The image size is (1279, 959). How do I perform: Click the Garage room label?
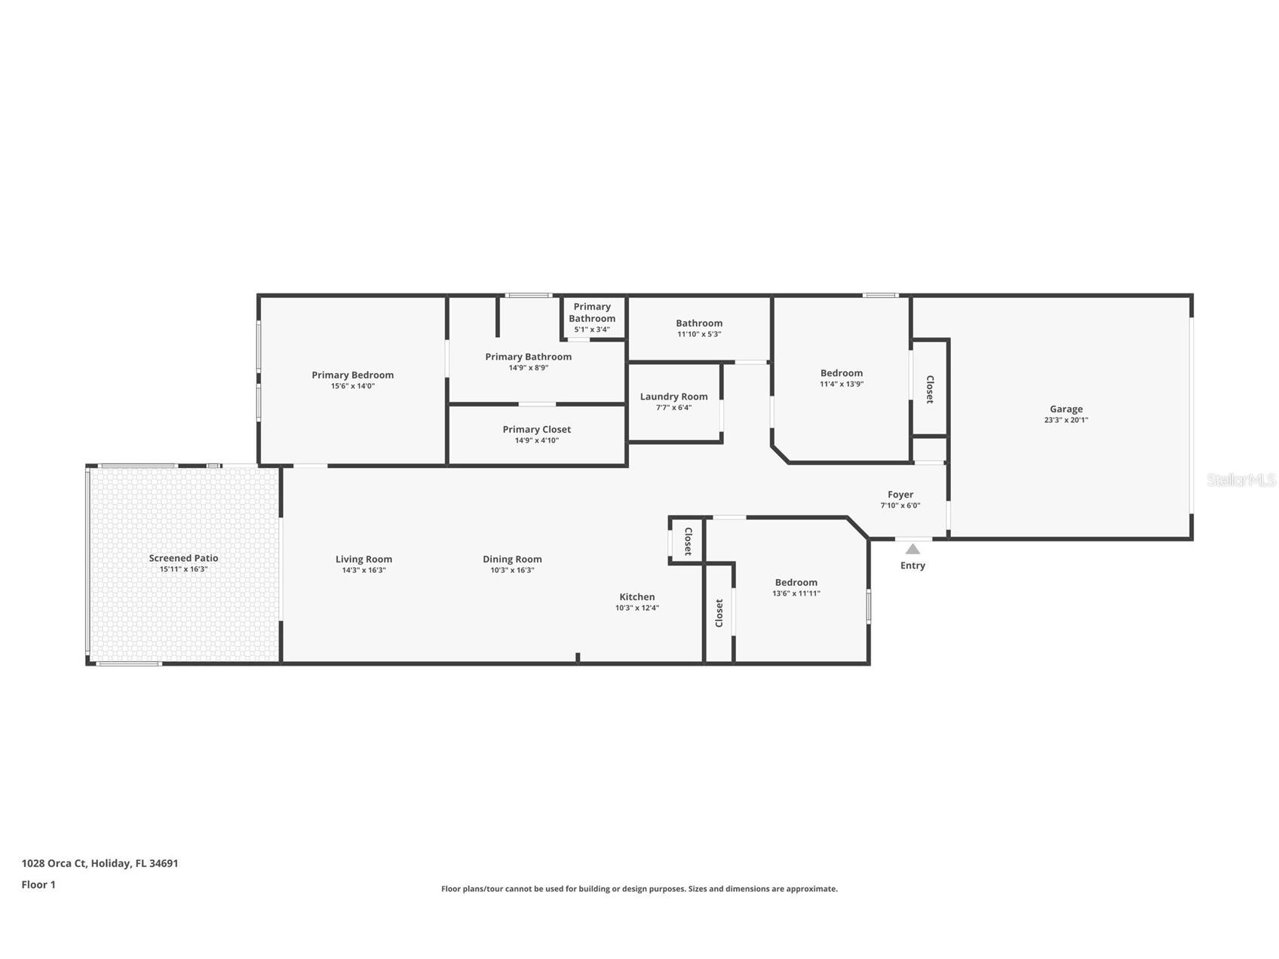click(1066, 409)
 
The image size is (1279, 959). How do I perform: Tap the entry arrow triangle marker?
click(912, 549)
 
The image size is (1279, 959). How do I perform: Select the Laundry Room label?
click(673, 397)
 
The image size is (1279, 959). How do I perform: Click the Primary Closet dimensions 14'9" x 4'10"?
click(536, 440)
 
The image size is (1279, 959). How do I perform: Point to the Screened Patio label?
click(183, 558)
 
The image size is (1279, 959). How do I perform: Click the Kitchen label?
click(636, 596)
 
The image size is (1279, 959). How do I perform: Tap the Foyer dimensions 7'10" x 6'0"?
click(900, 506)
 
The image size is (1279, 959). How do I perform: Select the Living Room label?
click(363, 559)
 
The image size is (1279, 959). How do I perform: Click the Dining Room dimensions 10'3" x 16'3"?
click(512, 570)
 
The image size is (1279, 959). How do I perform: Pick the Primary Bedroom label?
click(352, 375)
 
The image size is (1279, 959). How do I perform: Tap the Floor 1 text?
click(38, 884)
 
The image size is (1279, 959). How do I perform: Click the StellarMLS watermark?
click(1241, 479)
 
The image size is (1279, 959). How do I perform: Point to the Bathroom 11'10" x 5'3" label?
click(698, 323)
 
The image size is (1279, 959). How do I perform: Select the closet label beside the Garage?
click(930, 389)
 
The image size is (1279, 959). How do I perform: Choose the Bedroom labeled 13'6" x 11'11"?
click(796, 582)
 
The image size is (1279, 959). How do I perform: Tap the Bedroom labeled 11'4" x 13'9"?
click(841, 373)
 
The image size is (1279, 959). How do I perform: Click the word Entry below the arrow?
click(912, 565)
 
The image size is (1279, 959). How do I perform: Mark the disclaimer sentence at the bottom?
click(639, 889)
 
